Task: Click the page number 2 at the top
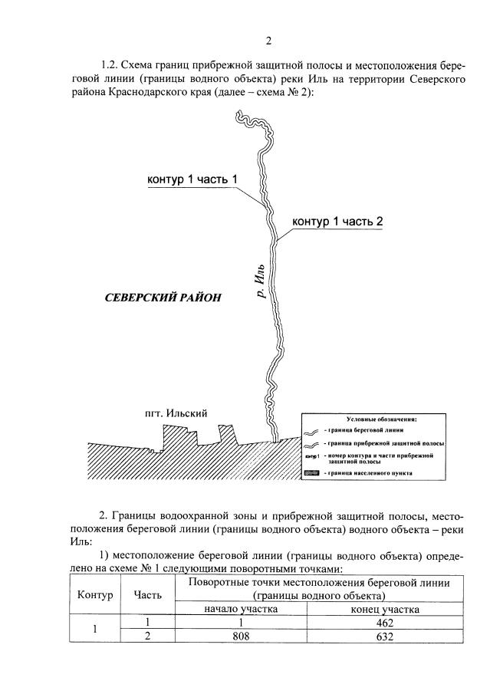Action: (x=268, y=41)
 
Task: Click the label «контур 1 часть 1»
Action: (x=192, y=179)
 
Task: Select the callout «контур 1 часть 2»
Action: (x=337, y=221)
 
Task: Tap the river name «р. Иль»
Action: (x=261, y=279)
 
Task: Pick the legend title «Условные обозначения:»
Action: (x=381, y=420)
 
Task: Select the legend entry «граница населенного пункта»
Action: (x=372, y=473)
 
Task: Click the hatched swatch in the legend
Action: (x=311, y=473)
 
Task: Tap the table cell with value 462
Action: (x=385, y=623)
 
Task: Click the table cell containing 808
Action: (x=241, y=636)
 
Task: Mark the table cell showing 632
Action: (x=385, y=636)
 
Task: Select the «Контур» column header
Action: (x=94, y=595)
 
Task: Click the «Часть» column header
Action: (x=148, y=595)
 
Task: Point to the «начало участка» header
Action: (x=241, y=609)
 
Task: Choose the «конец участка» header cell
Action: (x=385, y=609)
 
